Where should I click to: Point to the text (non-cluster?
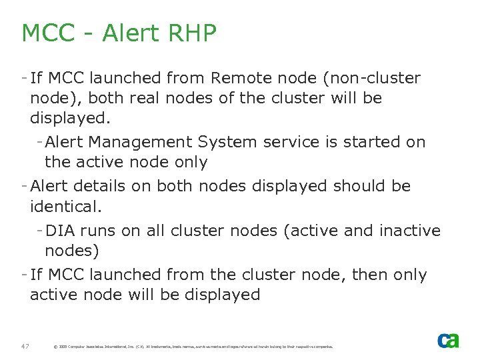point(372,79)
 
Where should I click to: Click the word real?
point(144,99)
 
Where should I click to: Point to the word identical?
point(65,207)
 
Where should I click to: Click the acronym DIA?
point(60,231)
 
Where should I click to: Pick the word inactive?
point(409,231)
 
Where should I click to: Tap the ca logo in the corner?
point(448,340)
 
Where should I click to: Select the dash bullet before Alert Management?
point(40,142)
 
